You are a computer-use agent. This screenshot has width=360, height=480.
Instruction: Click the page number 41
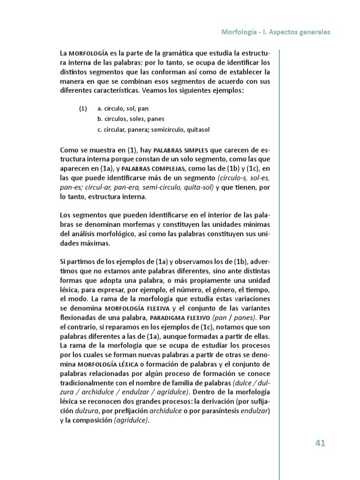tap(320, 443)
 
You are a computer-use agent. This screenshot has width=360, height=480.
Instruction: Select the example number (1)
tap(83, 109)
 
